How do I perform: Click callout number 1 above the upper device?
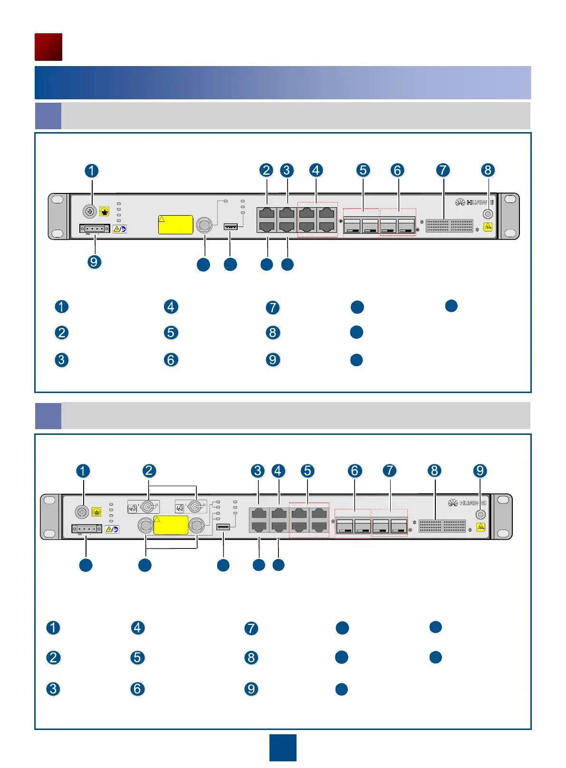(92, 171)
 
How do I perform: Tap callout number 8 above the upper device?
(488, 170)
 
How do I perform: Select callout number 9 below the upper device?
(94, 262)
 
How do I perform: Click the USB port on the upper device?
(230, 226)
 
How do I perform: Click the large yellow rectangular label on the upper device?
(175, 225)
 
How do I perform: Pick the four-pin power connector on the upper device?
(95, 229)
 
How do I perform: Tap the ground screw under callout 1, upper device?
(90, 211)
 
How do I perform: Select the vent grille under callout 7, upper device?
(449, 225)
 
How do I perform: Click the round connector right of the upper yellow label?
(204, 224)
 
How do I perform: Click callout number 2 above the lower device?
(149, 471)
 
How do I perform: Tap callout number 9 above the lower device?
(480, 471)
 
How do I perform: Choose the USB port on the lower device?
(223, 527)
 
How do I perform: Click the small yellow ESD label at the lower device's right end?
(481, 527)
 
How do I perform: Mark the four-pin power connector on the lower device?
(87, 528)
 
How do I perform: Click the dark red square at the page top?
(48, 47)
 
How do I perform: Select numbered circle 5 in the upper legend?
(171, 333)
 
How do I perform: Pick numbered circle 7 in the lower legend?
(251, 628)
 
